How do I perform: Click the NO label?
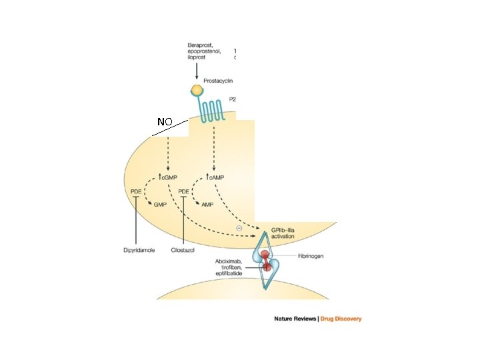coord(165,122)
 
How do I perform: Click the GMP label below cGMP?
coord(160,205)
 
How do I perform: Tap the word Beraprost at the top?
coord(202,44)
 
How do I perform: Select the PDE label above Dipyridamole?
coord(135,192)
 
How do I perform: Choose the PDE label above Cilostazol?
coord(183,192)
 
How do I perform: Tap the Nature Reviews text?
coord(295,319)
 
